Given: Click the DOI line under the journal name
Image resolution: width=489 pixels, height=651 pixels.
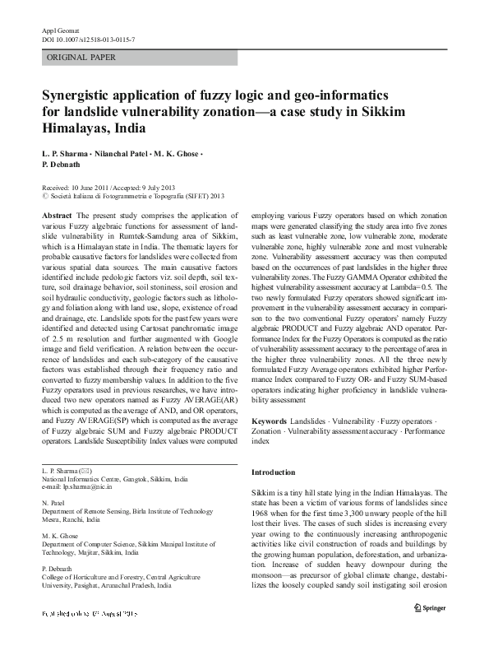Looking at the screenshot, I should point(88,40).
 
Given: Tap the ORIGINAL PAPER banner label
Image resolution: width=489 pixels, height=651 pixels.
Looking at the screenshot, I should point(82,58).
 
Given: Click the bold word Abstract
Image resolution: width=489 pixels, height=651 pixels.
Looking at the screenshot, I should point(60,215).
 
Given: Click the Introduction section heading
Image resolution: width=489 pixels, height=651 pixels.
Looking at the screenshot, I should point(272,472).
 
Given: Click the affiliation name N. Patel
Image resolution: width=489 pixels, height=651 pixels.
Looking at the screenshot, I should point(54,501).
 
